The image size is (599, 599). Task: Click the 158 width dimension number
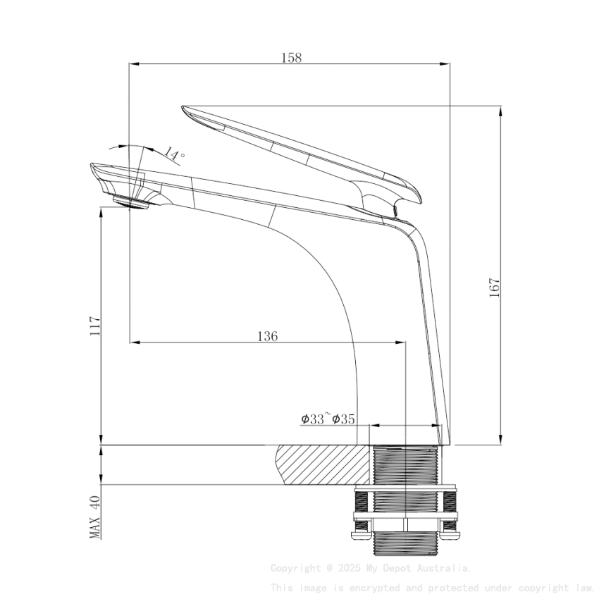point(291,58)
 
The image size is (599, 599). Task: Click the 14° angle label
point(174,154)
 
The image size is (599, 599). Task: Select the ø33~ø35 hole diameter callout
point(327,419)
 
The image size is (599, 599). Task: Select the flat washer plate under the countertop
point(405,488)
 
